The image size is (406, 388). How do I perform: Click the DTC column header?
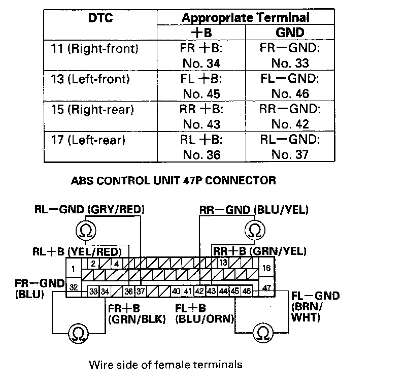point(100,19)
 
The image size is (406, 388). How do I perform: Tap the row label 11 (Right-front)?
point(102,49)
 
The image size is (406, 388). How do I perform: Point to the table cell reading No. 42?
point(290,124)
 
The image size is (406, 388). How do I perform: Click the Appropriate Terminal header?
point(246,18)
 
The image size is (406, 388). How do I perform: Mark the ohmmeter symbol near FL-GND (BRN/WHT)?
point(262,333)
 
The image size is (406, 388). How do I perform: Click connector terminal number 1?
point(73,268)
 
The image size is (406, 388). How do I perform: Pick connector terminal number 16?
point(266,268)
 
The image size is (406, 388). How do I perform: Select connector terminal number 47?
point(266,288)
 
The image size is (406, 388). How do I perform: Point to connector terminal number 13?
point(223,263)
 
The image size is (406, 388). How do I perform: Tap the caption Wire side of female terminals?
point(165,364)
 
